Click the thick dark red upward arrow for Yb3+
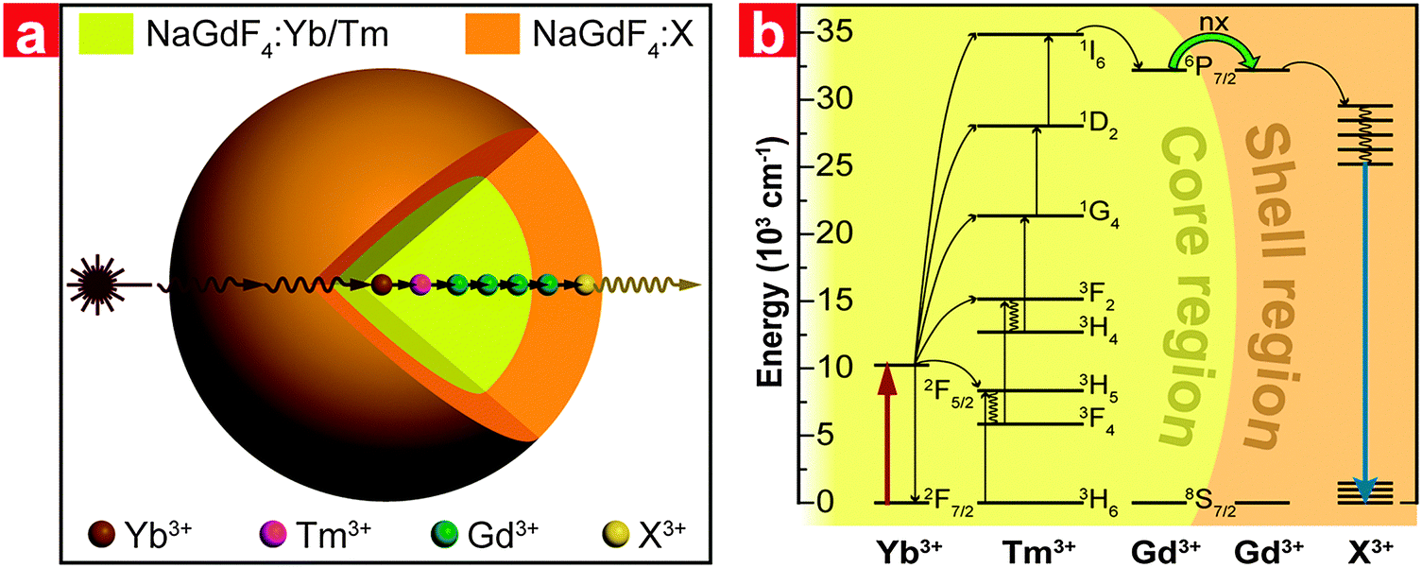[886, 434]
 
